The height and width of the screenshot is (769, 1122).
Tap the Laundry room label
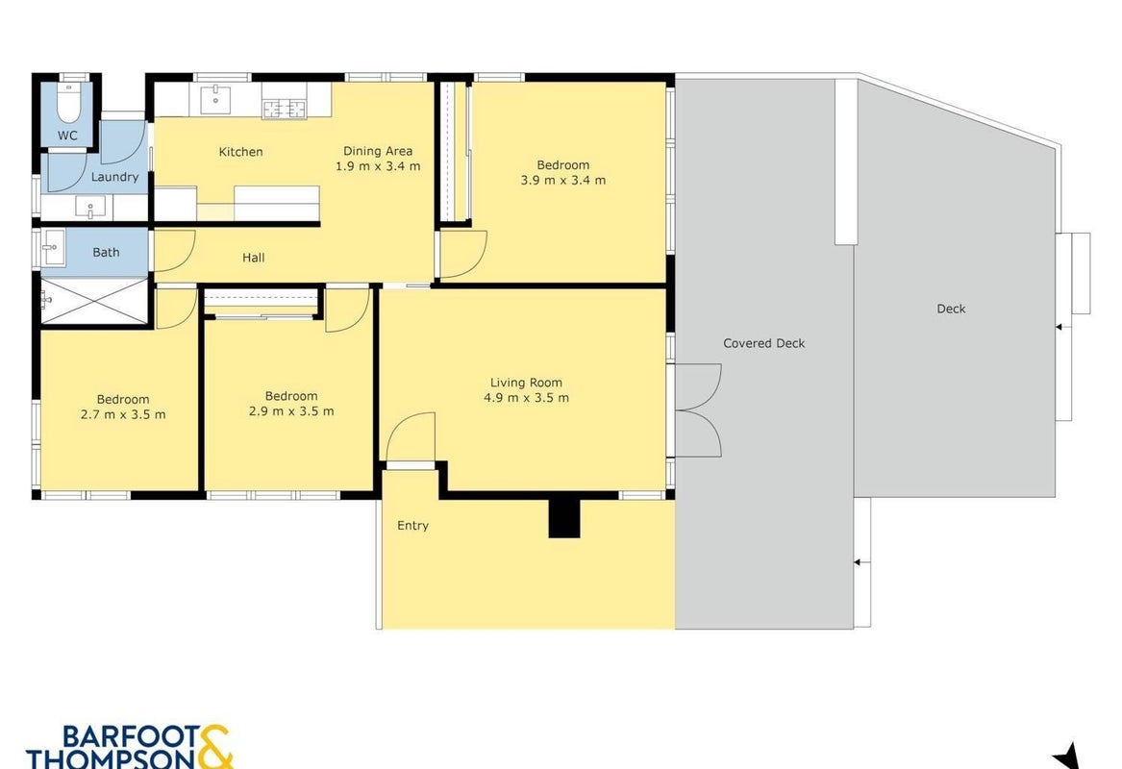click(114, 177)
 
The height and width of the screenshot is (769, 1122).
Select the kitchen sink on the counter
click(215, 99)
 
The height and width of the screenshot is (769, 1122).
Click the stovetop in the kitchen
click(284, 109)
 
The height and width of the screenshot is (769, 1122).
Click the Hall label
click(253, 258)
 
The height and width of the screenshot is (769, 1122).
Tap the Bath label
click(106, 252)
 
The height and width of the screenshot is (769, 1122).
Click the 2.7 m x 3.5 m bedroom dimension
click(123, 414)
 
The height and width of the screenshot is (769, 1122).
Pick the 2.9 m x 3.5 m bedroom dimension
click(291, 410)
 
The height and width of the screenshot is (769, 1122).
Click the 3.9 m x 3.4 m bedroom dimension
click(563, 181)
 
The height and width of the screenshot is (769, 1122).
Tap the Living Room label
click(526, 383)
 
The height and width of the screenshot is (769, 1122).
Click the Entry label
click(412, 525)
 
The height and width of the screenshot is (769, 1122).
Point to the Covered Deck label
click(763, 343)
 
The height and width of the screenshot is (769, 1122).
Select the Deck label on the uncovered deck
click(951, 309)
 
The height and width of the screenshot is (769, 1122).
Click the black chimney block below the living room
click(563, 516)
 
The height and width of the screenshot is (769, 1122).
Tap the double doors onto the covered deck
click(698, 409)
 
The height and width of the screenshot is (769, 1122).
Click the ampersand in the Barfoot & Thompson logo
click(212, 749)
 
